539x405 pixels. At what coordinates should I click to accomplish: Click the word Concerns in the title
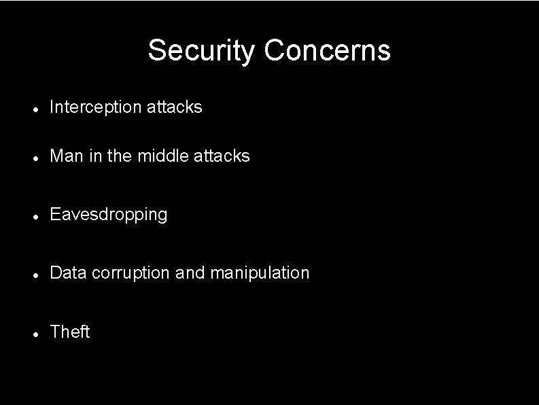[328, 50]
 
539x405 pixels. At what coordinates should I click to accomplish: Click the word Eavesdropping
[109, 215]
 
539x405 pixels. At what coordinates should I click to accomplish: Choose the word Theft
[70, 332]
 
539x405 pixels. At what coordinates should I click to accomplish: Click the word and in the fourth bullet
[190, 273]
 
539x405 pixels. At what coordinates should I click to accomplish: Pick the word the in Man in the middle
[119, 156]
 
